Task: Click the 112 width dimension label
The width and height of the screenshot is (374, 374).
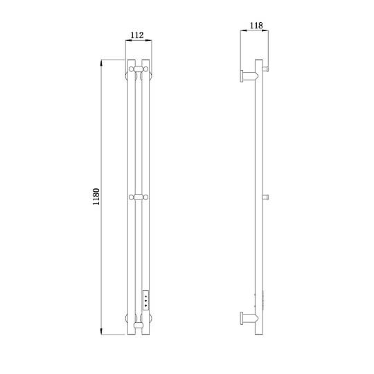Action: (137, 35)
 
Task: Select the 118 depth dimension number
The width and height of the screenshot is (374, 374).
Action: (256, 26)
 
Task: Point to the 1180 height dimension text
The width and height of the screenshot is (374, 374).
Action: (96, 197)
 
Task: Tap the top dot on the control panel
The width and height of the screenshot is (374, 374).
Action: (145, 296)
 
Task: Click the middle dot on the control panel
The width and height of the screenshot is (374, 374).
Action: (145, 301)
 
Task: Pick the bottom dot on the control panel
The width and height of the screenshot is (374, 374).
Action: (145, 305)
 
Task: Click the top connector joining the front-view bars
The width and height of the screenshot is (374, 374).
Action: (139, 69)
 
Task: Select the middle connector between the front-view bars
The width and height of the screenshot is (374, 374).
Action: (139, 197)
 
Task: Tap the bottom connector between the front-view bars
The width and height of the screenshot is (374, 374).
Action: (139, 325)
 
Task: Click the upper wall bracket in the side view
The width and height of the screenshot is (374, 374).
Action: (249, 76)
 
